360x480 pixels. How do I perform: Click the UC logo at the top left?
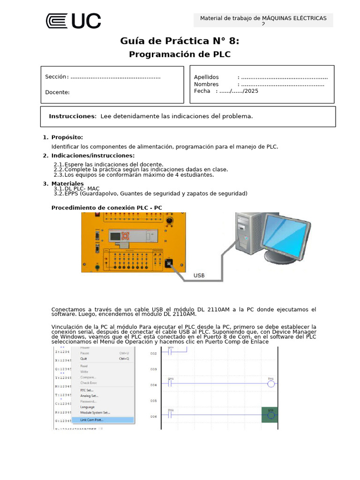[73, 21]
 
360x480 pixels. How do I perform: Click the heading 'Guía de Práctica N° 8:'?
[180, 41]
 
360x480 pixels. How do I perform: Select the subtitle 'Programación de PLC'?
[180, 54]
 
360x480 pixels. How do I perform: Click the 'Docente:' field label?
[57, 92]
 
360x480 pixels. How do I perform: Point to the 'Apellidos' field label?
[206, 77]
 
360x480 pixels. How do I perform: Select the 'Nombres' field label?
[206, 84]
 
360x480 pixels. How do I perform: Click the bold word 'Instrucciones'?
[72, 116]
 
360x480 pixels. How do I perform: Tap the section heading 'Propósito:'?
[67, 137]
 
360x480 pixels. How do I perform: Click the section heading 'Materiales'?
[67, 183]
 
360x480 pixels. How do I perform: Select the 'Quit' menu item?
[84, 359]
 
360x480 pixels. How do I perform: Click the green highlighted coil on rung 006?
[270, 415]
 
